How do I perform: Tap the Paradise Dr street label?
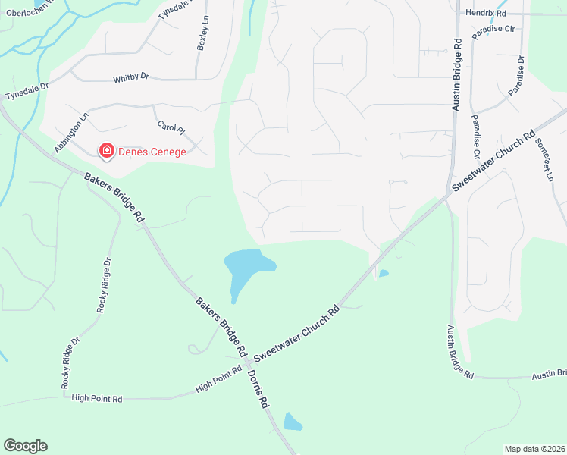point(516,76)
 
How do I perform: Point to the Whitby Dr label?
point(131,77)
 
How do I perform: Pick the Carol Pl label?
point(170,130)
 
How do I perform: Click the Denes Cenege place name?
point(152,152)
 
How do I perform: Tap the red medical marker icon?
point(107,152)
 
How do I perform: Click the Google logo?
point(25,446)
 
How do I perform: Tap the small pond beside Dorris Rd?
point(293,422)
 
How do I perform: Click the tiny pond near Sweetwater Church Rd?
point(384,273)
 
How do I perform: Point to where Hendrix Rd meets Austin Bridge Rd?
point(458,14)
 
